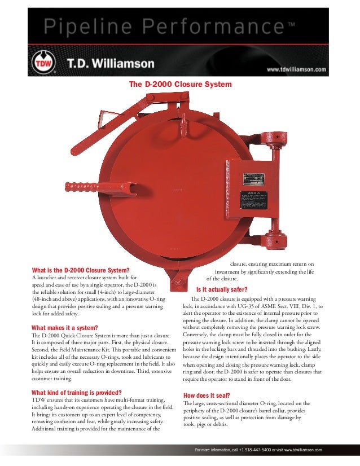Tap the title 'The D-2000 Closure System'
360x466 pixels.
click(181, 84)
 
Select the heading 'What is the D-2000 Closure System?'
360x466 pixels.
click(81, 269)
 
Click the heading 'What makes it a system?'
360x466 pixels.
click(65, 328)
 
